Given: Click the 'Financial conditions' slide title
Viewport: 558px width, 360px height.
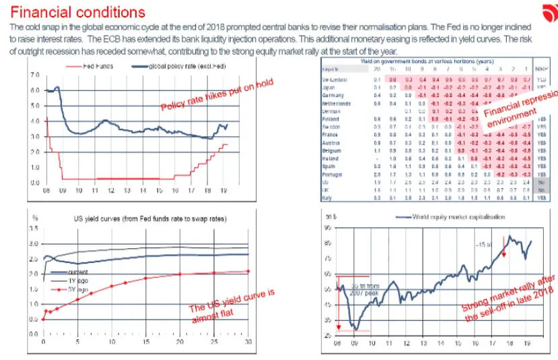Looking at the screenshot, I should pos(78,12).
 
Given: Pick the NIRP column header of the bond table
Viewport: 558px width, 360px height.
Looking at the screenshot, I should pos(541,69).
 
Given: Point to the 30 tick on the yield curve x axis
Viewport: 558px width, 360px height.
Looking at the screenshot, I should pos(250,341).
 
